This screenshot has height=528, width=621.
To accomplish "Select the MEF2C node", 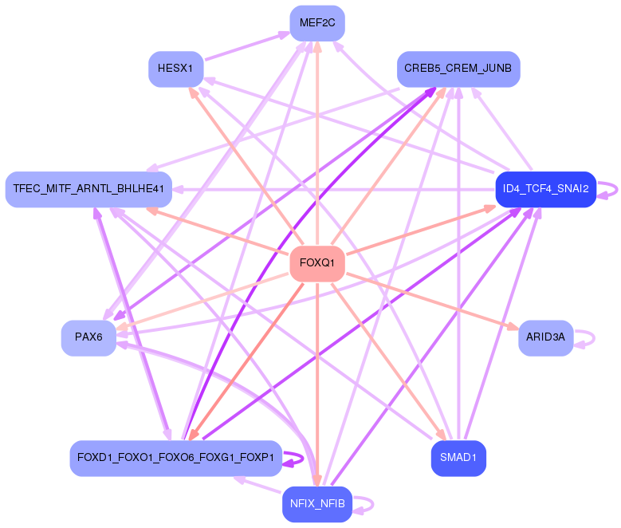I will click(x=316, y=22).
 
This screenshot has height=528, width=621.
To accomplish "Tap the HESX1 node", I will click(x=175, y=69).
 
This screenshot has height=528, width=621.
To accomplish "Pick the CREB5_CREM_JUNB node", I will click(x=458, y=69).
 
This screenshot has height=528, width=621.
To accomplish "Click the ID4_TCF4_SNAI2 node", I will click(x=545, y=189).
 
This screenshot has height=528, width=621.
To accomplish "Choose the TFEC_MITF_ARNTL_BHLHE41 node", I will click(x=88, y=189).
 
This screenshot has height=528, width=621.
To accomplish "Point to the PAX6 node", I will click(x=88, y=337).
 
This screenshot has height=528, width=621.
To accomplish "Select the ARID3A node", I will click(x=545, y=337).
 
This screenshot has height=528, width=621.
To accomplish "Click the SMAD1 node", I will click(x=458, y=458).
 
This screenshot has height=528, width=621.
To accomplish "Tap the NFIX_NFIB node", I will click(x=316, y=504).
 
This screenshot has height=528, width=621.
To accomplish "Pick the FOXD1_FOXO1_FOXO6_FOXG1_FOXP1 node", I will click(x=175, y=458).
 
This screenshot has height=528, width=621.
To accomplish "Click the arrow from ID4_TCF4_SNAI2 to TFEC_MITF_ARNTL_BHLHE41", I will click(x=335, y=190).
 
